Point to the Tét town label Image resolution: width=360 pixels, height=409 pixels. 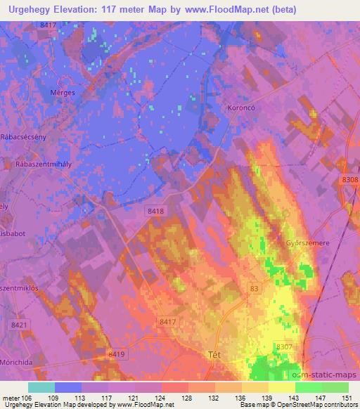coord(215,354)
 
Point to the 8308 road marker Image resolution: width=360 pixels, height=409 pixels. coord(349,181)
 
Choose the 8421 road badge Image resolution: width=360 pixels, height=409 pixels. coord(20,324)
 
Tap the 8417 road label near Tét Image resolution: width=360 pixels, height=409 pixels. coord(167,321)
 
